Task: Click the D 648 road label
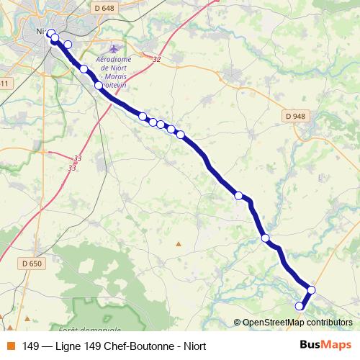tap(104, 8)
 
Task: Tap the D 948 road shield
tap(294, 115)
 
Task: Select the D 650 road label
tap(32, 264)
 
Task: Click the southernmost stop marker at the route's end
tap(300, 307)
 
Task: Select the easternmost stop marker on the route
tap(312, 290)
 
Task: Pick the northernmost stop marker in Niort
tap(51, 32)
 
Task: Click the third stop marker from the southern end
tap(266, 238)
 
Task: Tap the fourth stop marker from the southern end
tap(238, 195)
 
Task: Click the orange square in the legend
tap(10, 346)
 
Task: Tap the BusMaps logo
tap(325, 345)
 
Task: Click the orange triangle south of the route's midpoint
tap(179, 243)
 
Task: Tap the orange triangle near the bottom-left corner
tap(27, 318)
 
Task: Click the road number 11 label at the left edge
tap(4, 84)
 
